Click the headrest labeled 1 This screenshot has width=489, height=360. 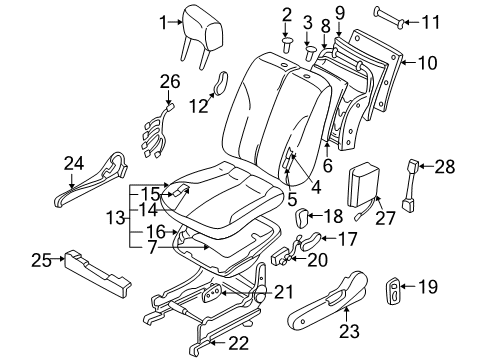[202, 32]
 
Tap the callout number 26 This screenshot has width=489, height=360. [170, 82]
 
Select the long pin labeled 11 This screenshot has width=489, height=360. [390, 17]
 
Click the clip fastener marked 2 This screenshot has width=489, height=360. [286, 45]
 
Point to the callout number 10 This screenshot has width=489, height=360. [427, 63]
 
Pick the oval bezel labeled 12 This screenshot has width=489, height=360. [220, 83]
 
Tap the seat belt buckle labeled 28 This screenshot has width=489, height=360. [410, 185]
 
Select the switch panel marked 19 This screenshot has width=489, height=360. [393, 290]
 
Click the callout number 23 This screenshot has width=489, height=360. [349, 331]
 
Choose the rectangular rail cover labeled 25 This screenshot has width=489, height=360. [97, 273]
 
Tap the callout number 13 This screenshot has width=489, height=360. [115, 219]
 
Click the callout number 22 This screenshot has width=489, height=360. [239, 343]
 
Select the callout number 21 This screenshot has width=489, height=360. [283, 292]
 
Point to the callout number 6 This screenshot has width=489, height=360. [328, 165]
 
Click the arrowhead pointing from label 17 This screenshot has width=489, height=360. [323, 238]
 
